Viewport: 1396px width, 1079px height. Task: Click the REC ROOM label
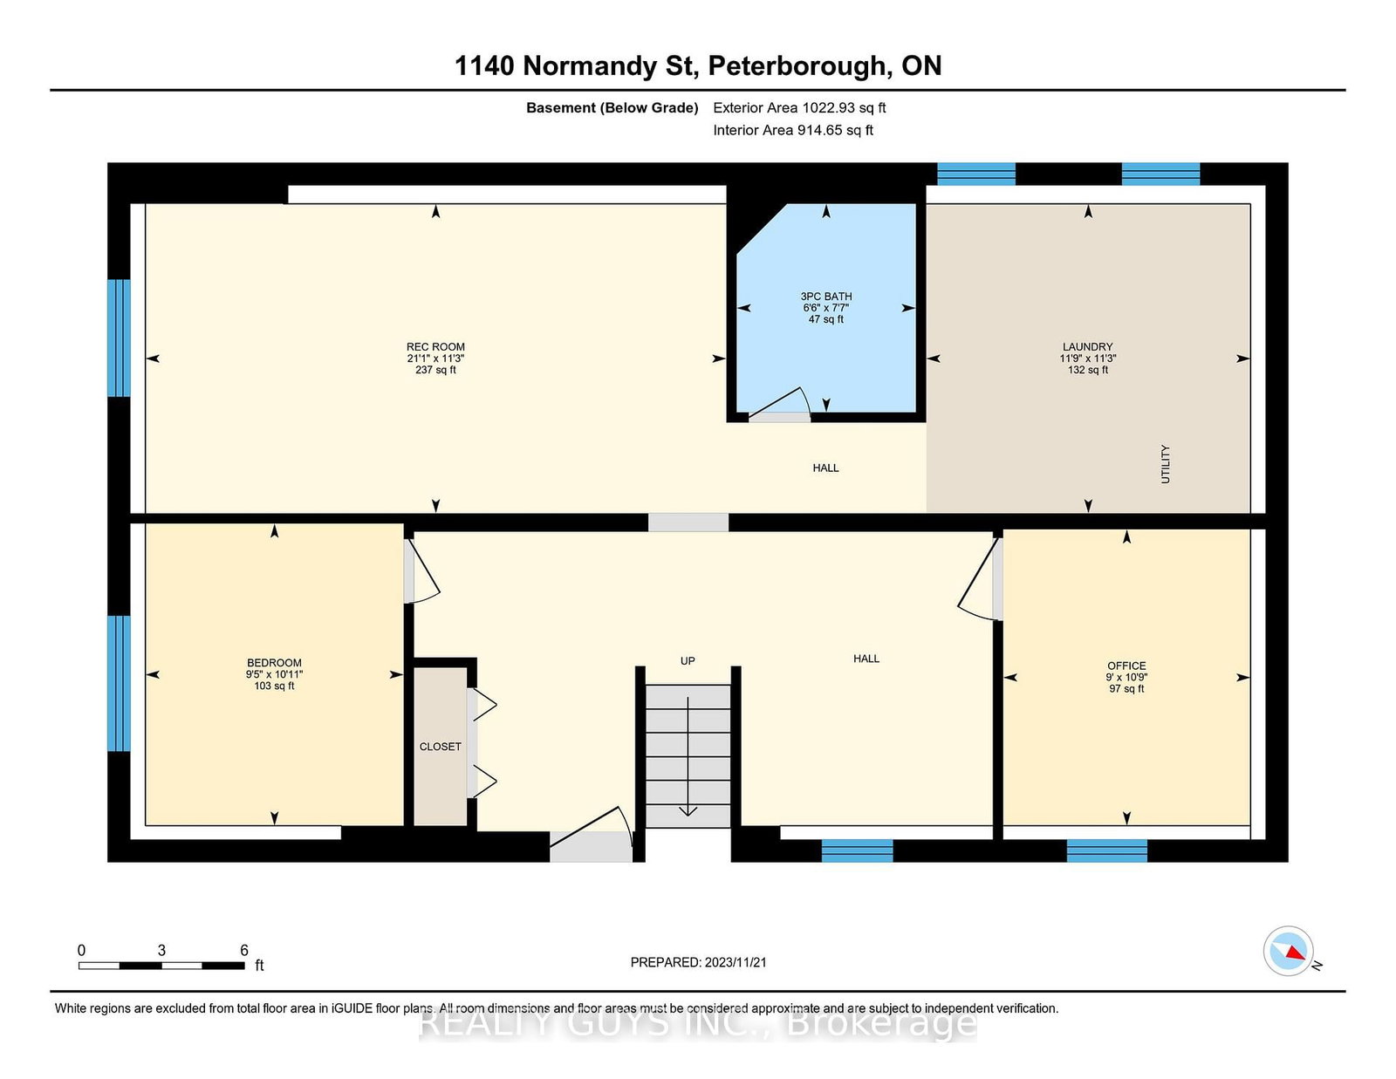(435, 347)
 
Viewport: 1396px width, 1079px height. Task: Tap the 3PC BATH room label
(826, 296)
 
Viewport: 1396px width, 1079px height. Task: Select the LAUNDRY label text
(1087, 347)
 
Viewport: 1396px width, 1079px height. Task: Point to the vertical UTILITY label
(1166, 464)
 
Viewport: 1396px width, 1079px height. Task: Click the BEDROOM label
(274, 663)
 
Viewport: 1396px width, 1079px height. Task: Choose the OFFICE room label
(1126, 666)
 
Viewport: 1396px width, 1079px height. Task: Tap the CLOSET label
(440, 747)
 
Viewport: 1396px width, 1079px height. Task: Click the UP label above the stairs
(688, 661)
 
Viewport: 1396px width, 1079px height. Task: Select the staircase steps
(688, 756)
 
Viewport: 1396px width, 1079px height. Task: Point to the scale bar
(161, 966)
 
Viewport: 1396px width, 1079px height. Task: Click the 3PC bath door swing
(777, 404)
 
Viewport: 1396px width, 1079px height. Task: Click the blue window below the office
(1107, 850)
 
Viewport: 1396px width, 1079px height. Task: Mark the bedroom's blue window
(119, 683)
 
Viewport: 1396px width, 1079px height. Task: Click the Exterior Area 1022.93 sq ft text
(799, 108)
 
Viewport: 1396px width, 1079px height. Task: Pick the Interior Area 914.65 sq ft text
(793, 130)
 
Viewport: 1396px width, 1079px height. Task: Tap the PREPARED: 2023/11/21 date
(698, 962)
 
